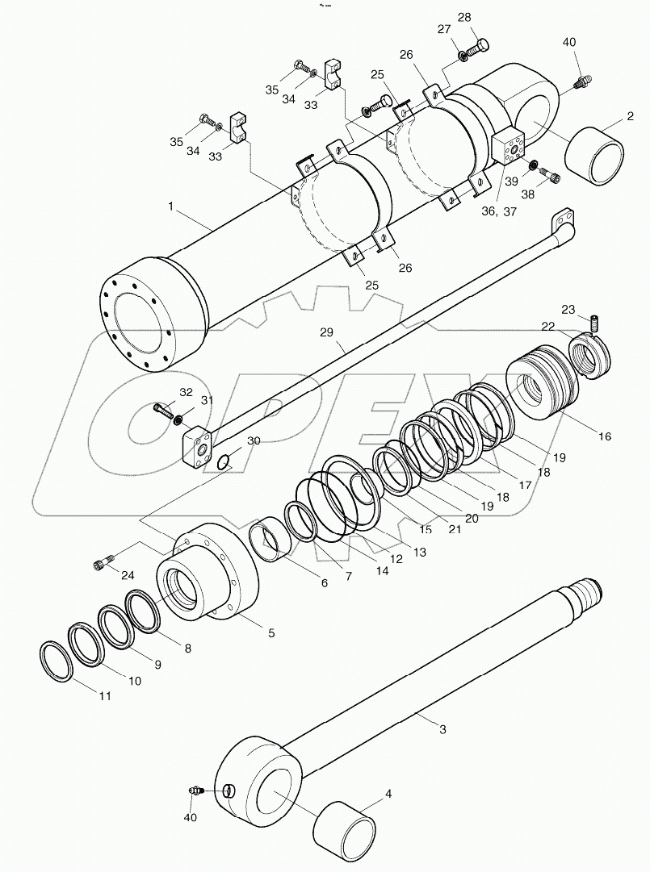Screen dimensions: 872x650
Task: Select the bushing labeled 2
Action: tap(598, 156)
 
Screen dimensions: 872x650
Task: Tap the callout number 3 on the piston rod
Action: tap(442, 729)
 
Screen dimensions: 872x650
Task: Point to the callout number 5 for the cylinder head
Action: tap(271, 633)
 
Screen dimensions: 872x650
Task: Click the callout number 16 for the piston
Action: tap(605, 436)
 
